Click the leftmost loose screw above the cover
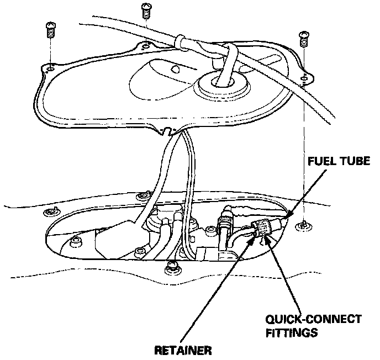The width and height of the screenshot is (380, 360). pos(50,30)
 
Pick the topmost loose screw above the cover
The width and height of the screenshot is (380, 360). pos(146,9)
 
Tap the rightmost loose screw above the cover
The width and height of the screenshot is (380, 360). pos(303,38)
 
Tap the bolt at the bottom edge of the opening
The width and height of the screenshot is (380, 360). pos(172,267)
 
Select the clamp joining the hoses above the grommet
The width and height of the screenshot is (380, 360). pos(181,41)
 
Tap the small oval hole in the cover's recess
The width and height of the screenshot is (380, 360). pos(176,70)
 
